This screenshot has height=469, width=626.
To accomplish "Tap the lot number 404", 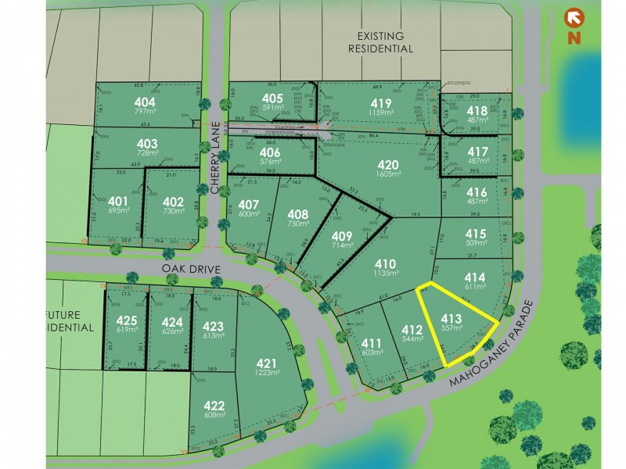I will coord(145,102).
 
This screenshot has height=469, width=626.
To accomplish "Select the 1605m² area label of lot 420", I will coord(389,176).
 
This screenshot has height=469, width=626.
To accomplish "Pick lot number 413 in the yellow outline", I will coord(452,319).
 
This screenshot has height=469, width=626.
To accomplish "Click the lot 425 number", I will coord(127,320).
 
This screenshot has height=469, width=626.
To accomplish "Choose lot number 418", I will coord(477,111).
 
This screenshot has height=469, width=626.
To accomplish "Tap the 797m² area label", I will coord(145,113).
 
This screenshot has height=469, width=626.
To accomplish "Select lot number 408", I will coord(297,213).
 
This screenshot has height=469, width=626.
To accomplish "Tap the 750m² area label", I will coord(298,224).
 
